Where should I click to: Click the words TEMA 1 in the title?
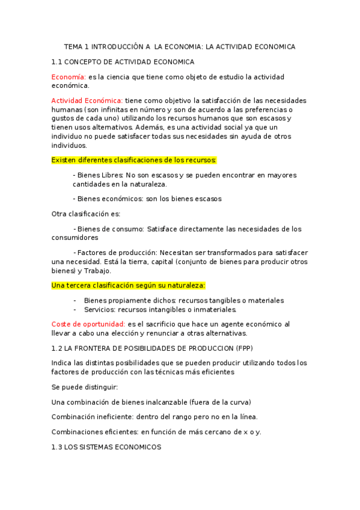click(77, 46)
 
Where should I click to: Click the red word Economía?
click(69, 77)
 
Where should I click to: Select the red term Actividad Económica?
click(87, 100)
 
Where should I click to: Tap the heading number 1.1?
click(57, 62)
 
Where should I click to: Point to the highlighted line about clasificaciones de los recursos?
click(133, 160)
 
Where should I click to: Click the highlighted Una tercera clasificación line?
click(128, 285)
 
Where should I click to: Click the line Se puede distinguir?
click(85, 386)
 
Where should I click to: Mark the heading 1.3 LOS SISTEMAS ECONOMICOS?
click(106, 447)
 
